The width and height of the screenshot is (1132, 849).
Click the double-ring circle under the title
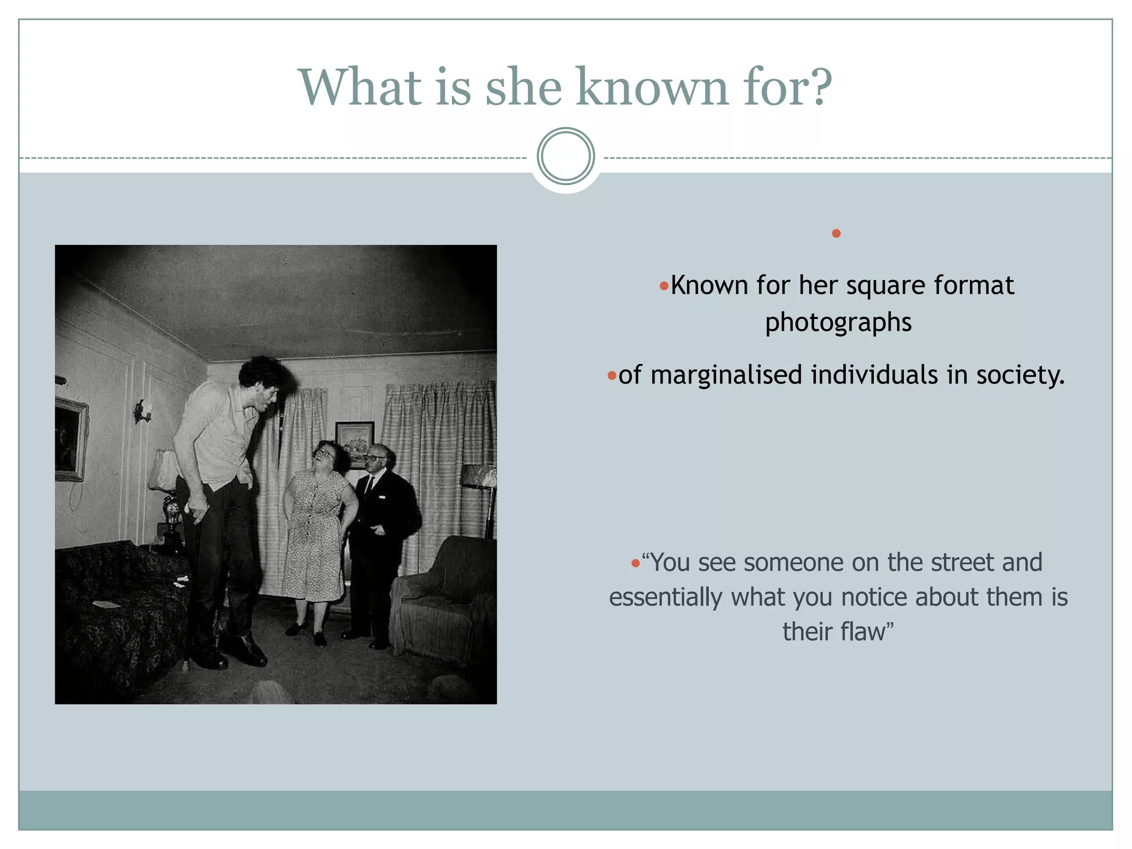point(565,156)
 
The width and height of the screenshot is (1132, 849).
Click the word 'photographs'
point(838,322)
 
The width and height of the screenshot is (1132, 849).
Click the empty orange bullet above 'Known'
point(836,233)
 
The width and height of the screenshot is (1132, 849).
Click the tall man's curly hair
point(264,371)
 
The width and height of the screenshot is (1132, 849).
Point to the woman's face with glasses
point(325,457)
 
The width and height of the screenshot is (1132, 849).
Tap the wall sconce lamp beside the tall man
point(143,411)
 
